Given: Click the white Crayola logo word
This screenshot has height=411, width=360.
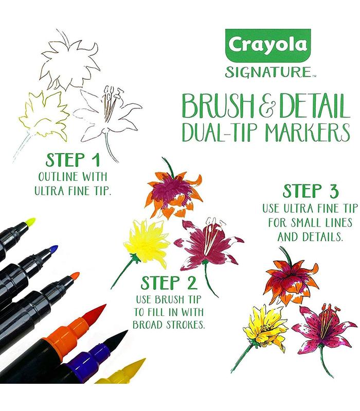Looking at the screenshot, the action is click(x=267, y=45).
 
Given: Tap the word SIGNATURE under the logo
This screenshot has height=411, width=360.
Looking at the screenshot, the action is click(x=268, y=72).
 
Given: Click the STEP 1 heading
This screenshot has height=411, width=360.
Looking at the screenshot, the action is click(x=73, y=160).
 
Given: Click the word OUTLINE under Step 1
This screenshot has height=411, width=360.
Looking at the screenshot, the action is click(x=58, y=176).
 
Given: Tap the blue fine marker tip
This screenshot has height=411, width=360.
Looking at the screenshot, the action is click(x=53, y=249).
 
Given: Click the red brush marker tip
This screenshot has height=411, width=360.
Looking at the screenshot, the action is click(x=95, y=314).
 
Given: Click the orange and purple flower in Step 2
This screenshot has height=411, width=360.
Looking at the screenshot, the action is click(x=174, y=193).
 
